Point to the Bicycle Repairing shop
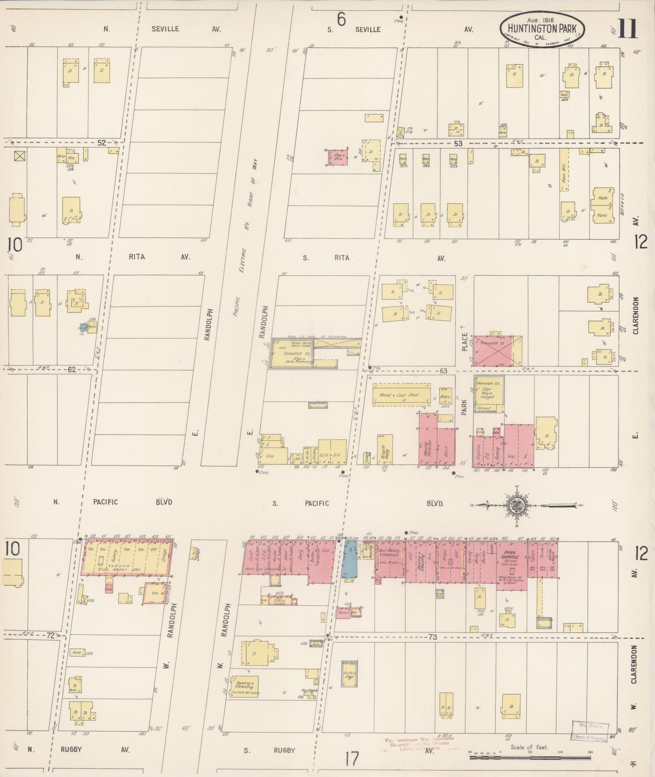384,450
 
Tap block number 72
50,636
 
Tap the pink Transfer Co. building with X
497,350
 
